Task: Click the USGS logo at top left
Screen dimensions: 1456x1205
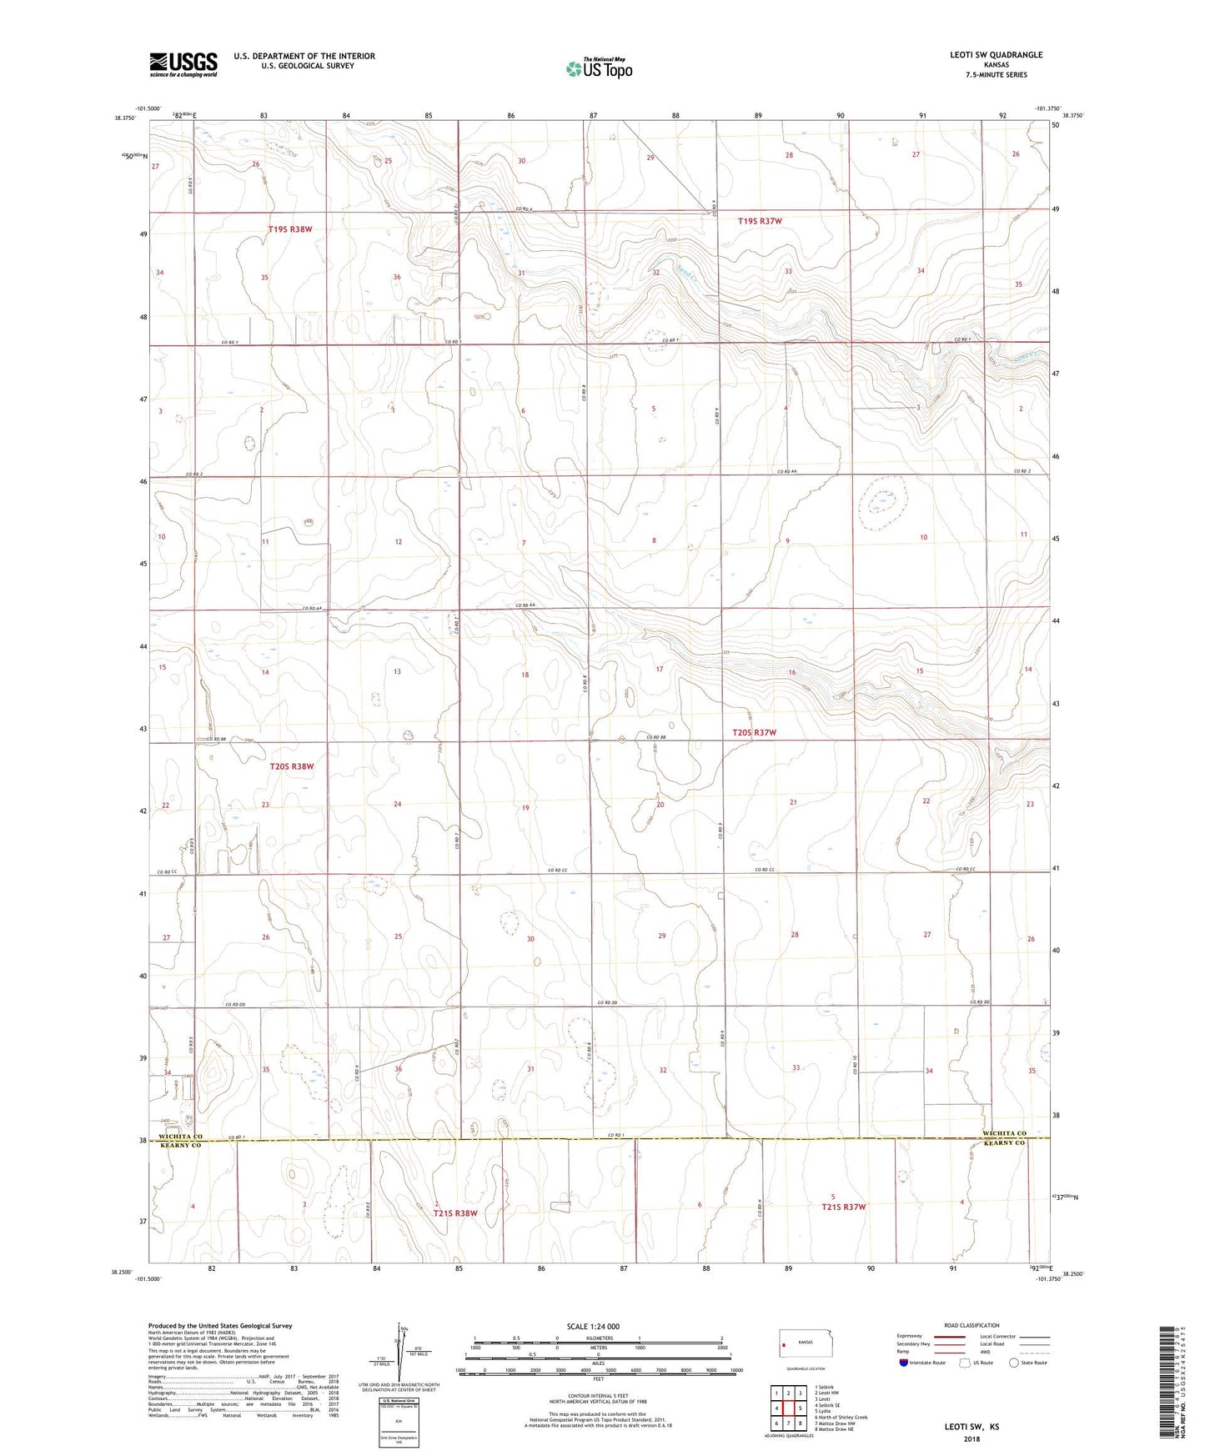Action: [183, 64]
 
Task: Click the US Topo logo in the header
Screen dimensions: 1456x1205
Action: [598, 68]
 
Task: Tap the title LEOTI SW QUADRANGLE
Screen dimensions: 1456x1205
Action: [996, 55]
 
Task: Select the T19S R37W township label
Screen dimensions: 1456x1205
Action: [760, 221]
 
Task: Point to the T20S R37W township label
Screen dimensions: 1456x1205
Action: [754, 732]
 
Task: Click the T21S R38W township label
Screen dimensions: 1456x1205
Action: [454, 1213]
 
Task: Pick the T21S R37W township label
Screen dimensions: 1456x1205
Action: [844, 1207]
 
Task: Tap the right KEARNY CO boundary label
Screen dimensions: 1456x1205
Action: [1004, 1143]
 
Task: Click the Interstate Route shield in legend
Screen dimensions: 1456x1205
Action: [904, 1363]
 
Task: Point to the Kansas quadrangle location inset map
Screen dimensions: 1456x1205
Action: [805, 1343]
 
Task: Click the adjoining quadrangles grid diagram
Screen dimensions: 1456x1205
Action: [788, 1408]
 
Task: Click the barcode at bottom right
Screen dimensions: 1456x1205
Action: [1170, 1383]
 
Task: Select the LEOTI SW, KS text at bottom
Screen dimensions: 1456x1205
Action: [972, 1427]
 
